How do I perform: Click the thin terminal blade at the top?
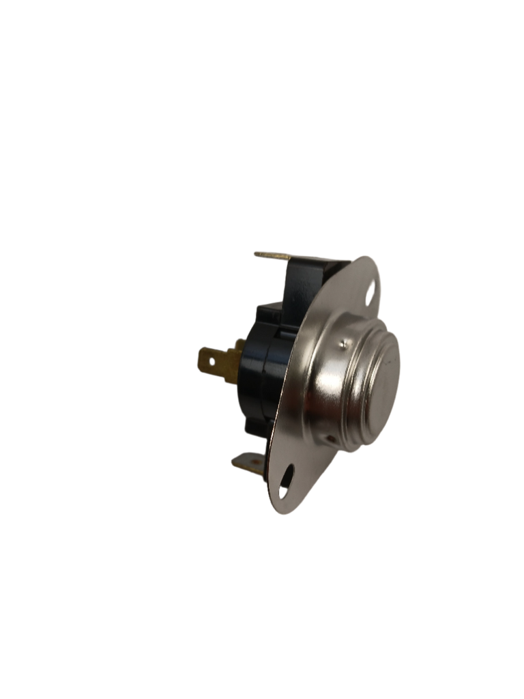coord(273,255)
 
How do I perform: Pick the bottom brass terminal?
coord(247,466)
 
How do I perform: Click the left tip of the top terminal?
coord(255,254)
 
